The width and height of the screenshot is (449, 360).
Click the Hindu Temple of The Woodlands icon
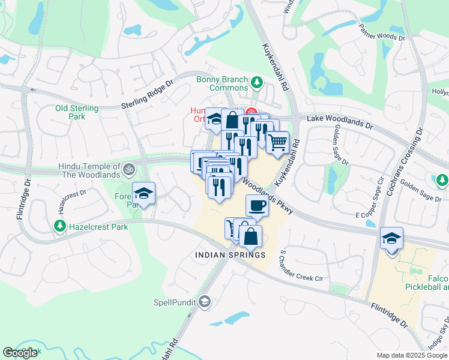tap(127, 170)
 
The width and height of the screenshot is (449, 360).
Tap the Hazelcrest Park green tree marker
tap(59, 226)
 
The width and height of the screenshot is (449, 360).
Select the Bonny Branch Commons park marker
tap(257, 82)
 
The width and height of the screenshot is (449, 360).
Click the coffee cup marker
tap(257, 206)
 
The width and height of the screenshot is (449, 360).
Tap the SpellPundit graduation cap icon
tap(205, 301)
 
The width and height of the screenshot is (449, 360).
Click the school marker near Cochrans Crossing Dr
tap(391, 239)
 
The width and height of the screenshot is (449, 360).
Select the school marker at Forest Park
tap(143, 193)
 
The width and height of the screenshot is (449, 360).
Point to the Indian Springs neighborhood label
tap(230, 255)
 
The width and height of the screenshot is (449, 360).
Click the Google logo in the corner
tap(20, 353)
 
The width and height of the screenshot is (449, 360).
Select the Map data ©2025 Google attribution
tap(412, 355)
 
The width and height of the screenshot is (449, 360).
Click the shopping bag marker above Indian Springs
tap(250, 236)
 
